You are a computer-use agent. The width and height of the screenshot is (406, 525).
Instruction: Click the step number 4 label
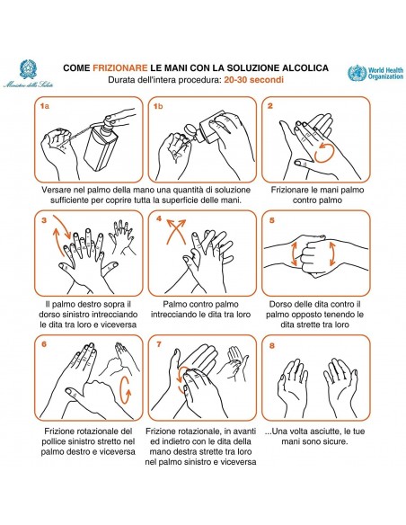click(158, 219)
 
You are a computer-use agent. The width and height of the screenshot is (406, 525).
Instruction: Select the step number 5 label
click(270, 219)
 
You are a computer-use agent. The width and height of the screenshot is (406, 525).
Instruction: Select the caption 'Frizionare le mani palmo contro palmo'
click(315, 197)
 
